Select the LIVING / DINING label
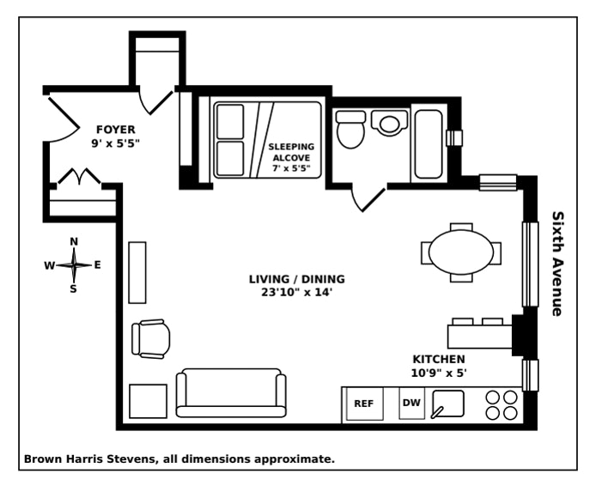tap(296, 279)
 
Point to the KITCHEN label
tap(439, 359)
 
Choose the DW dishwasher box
tap(411, 403)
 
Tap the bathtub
tap(427, 143)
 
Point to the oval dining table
tap(460, 252)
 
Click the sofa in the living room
tap(231, 392)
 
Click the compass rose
tap(74, 265)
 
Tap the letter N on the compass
tap(74, 241)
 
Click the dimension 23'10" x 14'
tap(296, 293)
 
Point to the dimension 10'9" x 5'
tap(439, 373)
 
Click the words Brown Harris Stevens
tap(89, 459)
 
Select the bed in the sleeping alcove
tap(267, 140)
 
